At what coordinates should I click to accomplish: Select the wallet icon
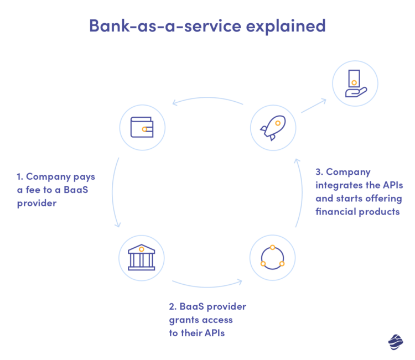pos(142,128)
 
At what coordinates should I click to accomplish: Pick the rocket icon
pos(272,128)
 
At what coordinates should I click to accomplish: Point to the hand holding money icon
pos(355,84)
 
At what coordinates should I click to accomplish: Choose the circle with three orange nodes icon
pos(272,258)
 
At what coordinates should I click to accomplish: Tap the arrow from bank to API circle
pos(207,285)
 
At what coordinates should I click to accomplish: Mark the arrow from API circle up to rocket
pos(299,194)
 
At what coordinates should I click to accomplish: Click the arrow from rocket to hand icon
pos(313,106)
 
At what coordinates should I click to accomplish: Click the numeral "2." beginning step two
pos(173,307)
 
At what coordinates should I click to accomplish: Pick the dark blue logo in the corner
pos(395,342)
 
